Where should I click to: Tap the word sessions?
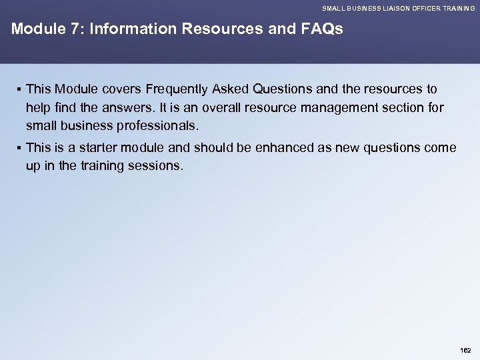157,165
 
